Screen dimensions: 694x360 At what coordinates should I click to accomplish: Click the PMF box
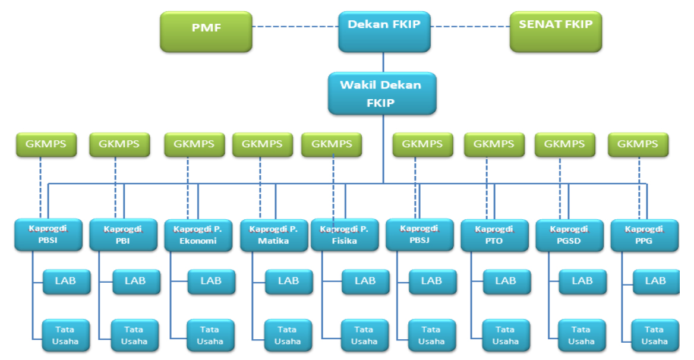click(x=206, y=32)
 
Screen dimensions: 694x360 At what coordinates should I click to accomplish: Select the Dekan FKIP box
click(x=384, y=32)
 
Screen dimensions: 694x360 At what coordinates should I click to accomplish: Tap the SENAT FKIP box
click(x=556, y=32)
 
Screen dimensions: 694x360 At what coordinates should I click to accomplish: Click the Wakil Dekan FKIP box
click(x=382, y=94)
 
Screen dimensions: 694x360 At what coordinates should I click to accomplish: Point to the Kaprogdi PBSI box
click(x=48, y=235)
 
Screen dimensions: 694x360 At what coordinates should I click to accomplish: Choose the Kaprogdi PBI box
click(x=124, y=235)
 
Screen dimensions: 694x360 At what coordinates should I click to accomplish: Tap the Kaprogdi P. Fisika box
click(x=345, y=235)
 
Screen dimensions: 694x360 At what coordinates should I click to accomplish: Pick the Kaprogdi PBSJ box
click(x=419, y=235)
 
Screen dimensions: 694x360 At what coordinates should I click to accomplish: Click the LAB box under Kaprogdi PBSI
click(x=67, y=282)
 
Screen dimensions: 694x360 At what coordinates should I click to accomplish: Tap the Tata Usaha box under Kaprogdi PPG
click(x=655, y=335)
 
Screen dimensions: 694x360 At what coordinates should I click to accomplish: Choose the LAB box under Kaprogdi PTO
click(x=507, y=282)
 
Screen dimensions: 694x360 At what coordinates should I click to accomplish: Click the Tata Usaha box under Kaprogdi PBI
click(x=134, y=335)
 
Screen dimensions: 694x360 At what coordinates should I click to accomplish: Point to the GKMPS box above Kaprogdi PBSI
click(x=46, y=144)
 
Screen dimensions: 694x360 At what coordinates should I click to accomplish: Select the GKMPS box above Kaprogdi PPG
click(x=638, y=144)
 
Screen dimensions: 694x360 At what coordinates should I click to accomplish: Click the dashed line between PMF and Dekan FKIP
click(x=295, y=27)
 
